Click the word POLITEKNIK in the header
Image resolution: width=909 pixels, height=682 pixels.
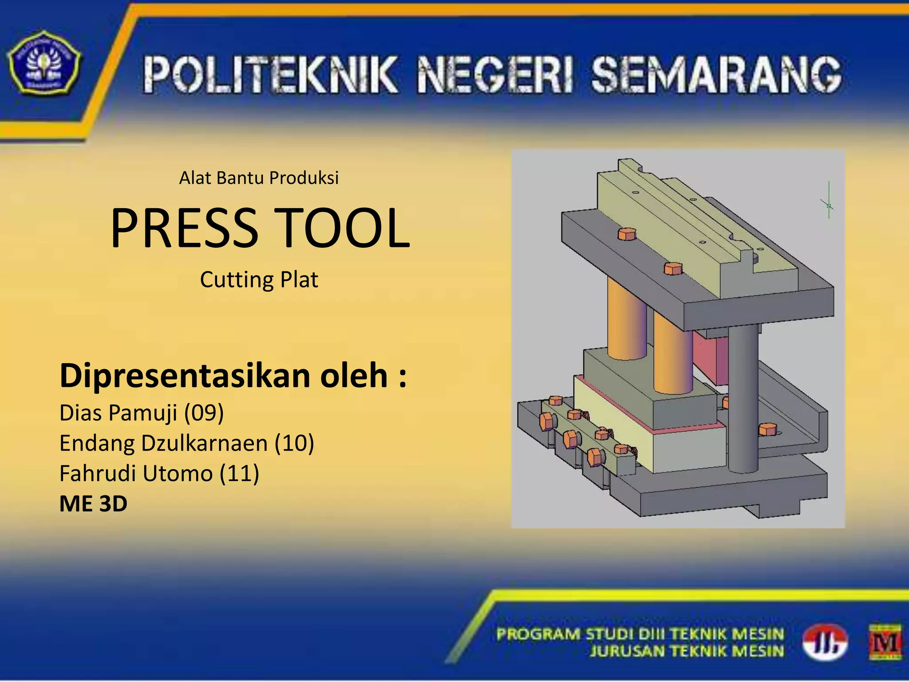click(270, 75)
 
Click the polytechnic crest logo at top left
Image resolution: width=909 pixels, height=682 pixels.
click(44, 62)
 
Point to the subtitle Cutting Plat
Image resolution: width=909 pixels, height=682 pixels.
click(259, 280)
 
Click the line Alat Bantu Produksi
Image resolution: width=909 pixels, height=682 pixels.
click(259, 178)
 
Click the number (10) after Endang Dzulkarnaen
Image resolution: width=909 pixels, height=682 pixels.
click(294, 443)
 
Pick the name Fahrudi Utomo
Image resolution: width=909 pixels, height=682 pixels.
click(136, 473)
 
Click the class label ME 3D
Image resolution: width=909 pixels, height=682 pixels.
click(93, 504)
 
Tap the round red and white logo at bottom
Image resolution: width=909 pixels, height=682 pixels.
click(825, 642)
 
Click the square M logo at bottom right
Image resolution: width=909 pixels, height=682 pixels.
click(885, 642)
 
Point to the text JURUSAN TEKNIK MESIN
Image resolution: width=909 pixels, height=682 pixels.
click(687, 651)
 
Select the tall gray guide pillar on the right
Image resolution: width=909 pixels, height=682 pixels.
click(743, 400)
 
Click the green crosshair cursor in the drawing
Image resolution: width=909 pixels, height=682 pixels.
click(829, 205)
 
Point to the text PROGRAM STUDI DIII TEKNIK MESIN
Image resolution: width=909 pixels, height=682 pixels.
click(640, 634)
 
